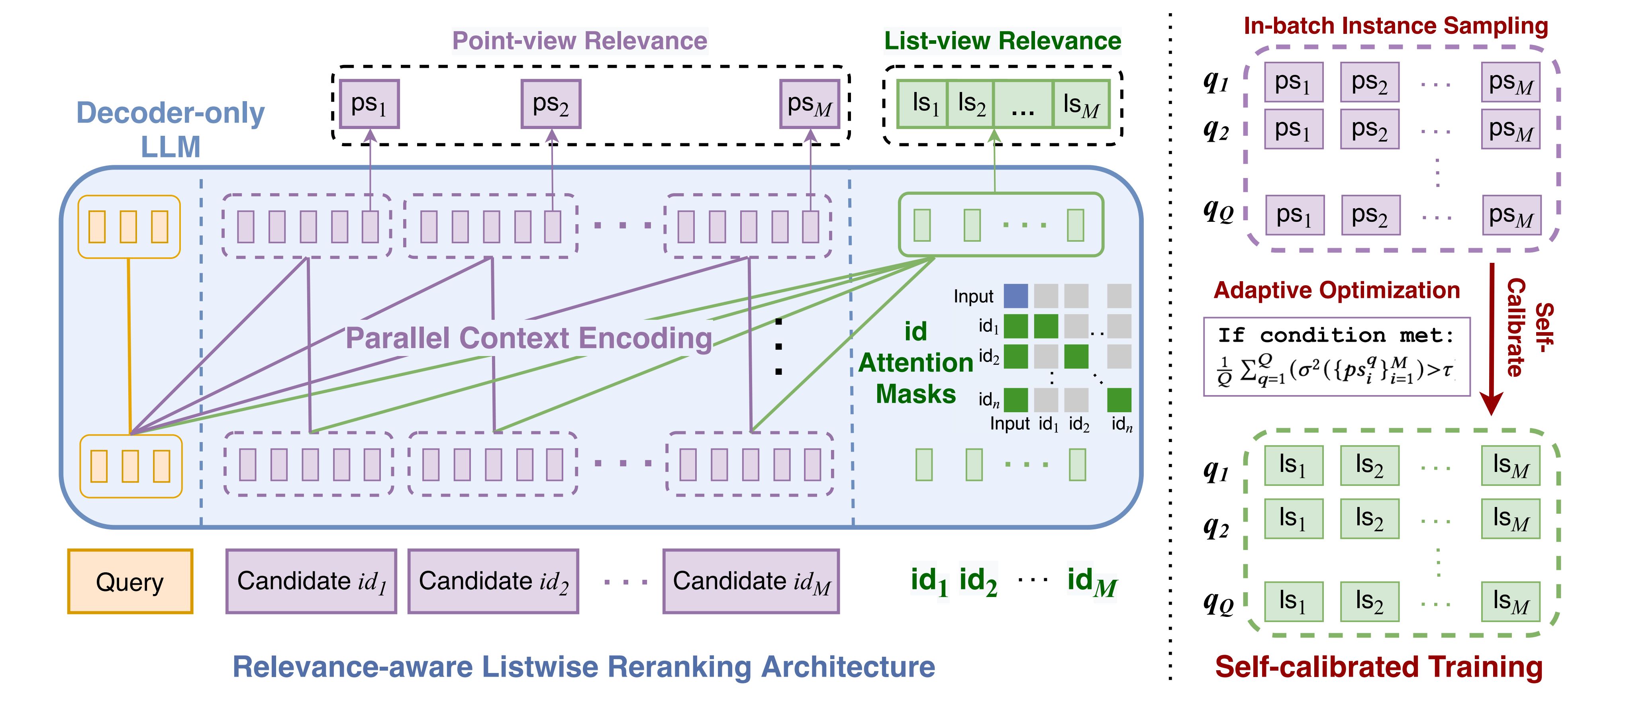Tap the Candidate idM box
751,581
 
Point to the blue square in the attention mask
1015,296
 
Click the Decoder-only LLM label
171,129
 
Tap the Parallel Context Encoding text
529,338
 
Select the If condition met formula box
1337,357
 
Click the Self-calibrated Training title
1379,667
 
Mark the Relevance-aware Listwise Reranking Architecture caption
584,667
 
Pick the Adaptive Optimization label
1337,290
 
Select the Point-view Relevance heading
580,41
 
